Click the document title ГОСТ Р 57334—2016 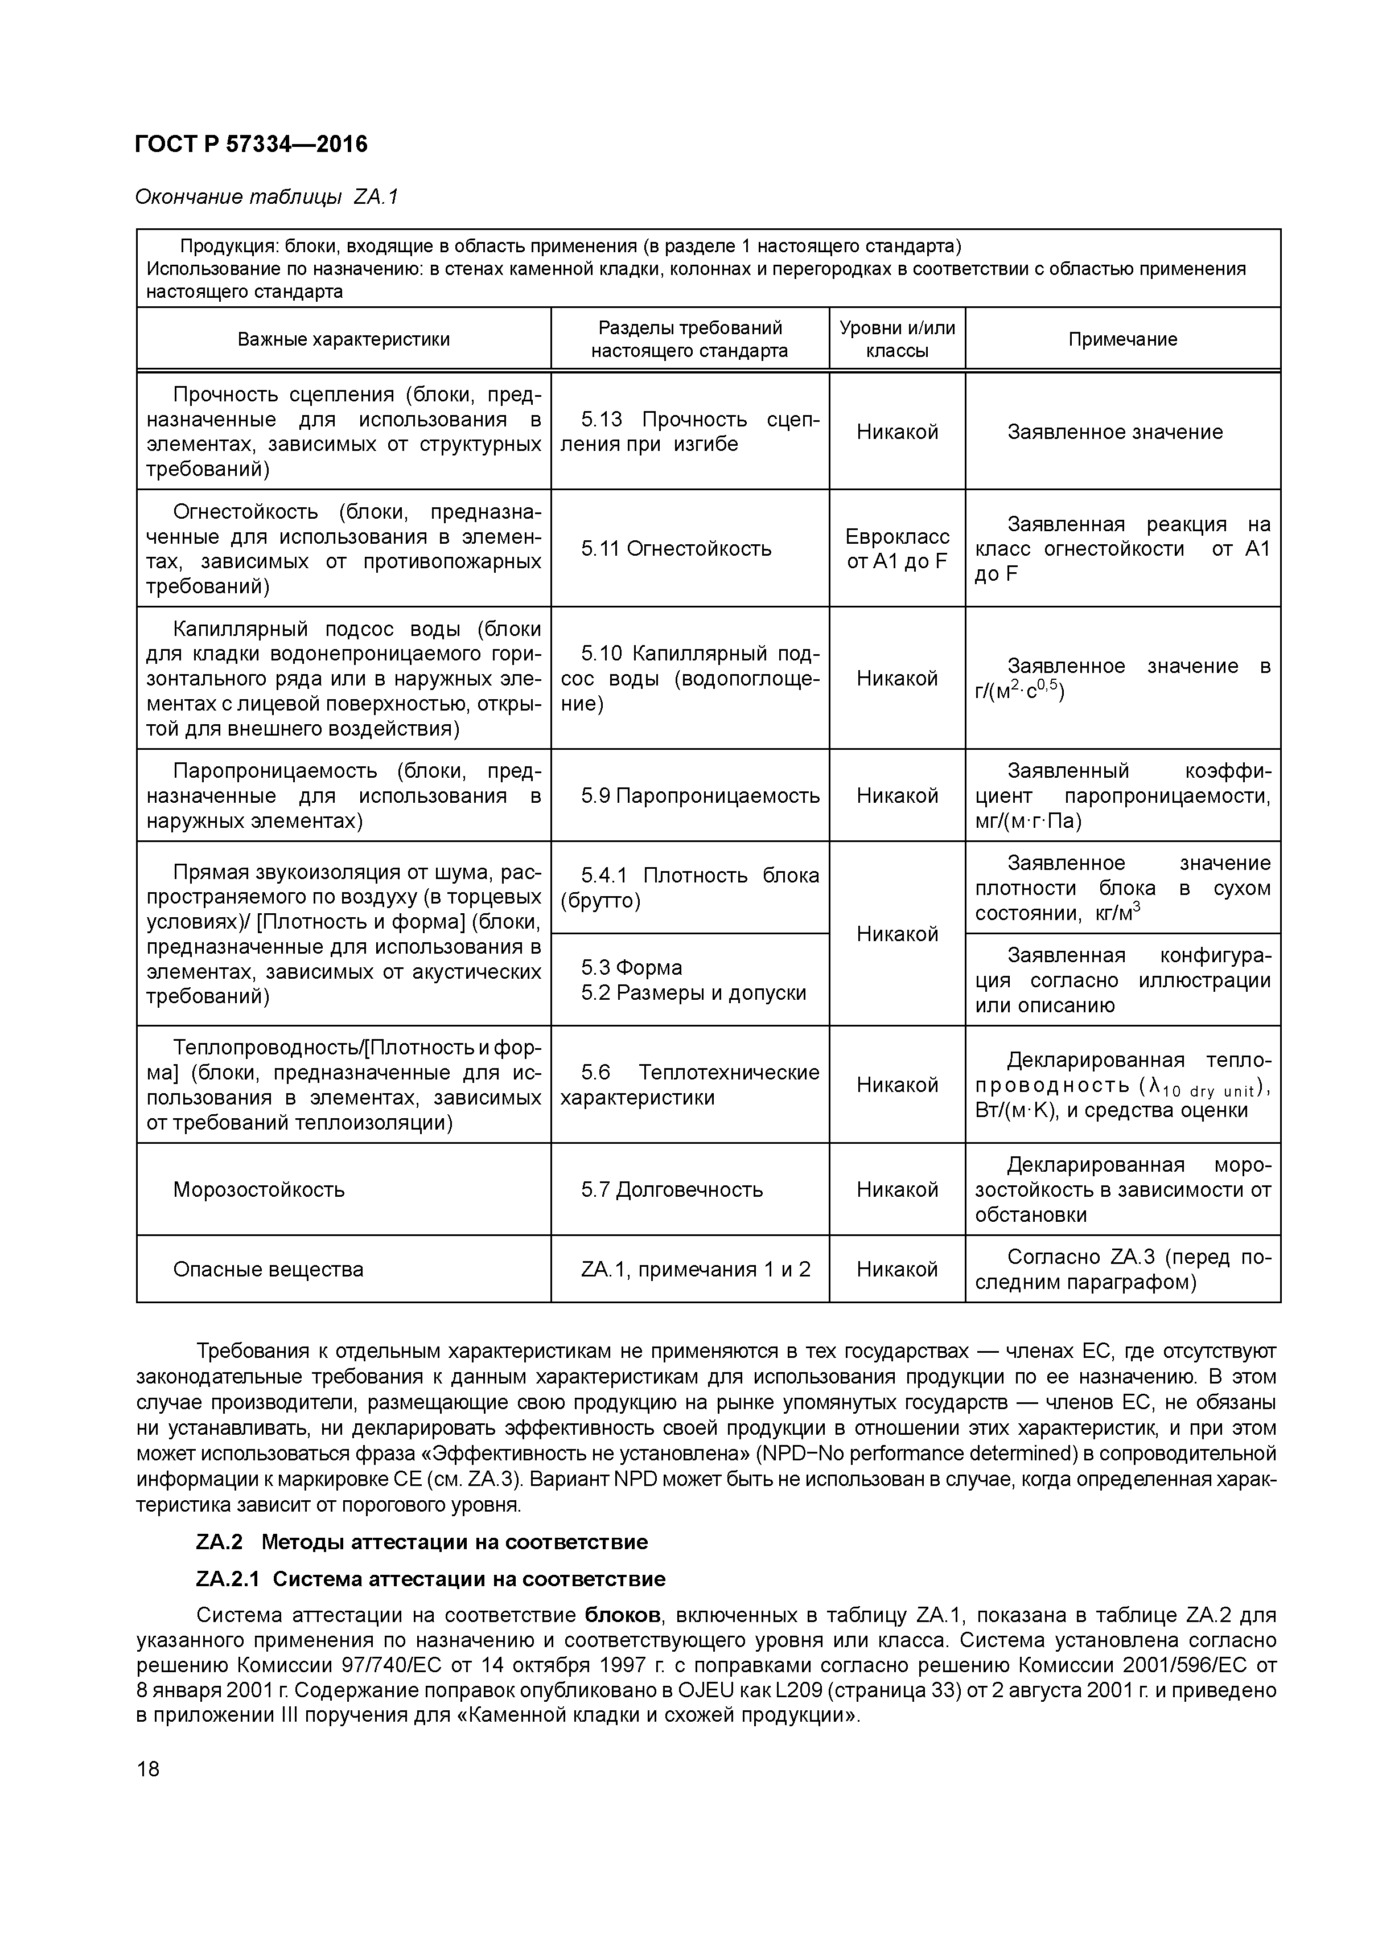click(x=252, y=145)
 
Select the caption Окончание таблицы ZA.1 click(x=266, y=197)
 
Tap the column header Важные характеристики click(x=343, y=340)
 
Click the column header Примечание click(x=1122, y=340)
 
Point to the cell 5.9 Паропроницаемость click(x=701, y=796)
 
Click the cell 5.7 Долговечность click(x=672, y=1189)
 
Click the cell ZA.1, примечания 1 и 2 click(x=696, y=1269)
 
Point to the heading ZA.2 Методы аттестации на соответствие click(x=422, y=1541)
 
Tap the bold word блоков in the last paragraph click(x=622, y=1615)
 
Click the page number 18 click(x=148, y=1769)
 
